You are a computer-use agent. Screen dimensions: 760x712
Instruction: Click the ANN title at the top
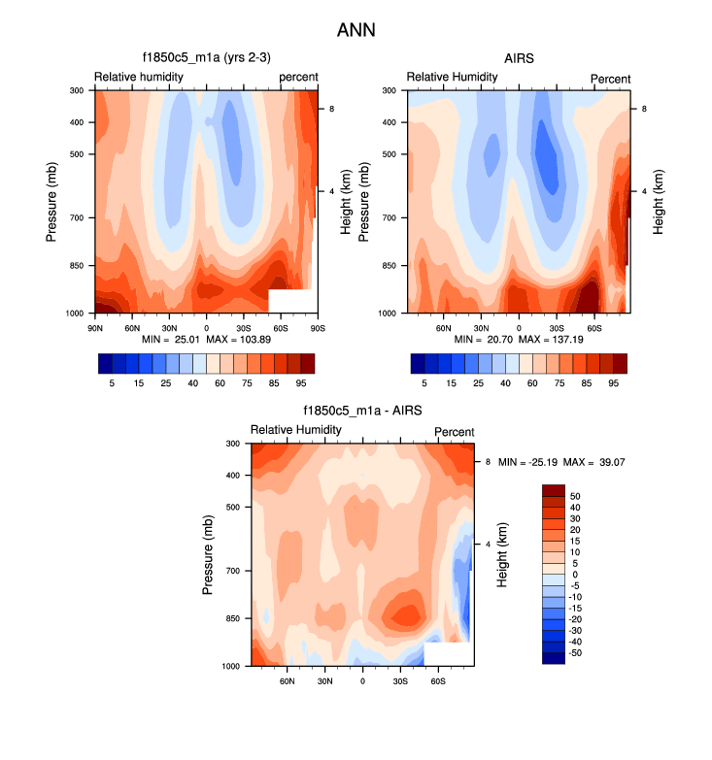point(356,30)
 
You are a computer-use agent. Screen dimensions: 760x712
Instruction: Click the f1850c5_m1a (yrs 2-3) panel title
point(206,58)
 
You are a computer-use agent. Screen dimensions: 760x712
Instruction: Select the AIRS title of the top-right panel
point(519,58)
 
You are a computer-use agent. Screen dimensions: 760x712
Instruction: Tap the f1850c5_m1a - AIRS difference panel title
point(362,412)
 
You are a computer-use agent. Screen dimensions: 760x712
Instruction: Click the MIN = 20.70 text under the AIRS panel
point(483,340)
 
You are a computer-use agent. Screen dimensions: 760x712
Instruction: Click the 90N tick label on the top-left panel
point(95,328)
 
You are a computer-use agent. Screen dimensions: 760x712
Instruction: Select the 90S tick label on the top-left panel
point(317,328)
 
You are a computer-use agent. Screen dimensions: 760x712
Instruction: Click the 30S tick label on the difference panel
point(400,681)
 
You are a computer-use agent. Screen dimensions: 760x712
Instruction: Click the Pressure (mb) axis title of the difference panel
point(209,554)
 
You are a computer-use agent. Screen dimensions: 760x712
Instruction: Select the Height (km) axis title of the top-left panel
point(345,201)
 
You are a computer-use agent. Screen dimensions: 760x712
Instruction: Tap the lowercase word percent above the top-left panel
point(298,77)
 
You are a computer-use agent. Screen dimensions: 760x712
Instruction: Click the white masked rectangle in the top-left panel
point(288,301)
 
